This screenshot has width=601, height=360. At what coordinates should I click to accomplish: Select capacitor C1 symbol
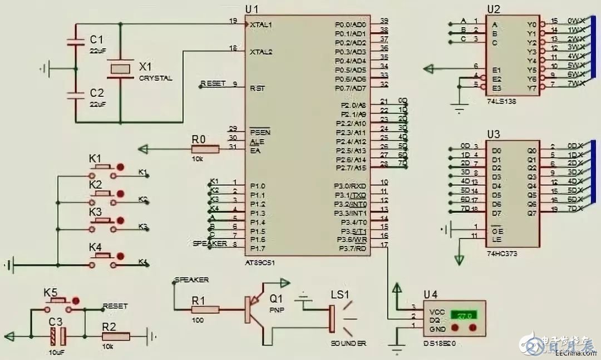(x=76, y=42)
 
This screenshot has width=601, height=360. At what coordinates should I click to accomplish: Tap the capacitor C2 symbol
(x=76, y=95)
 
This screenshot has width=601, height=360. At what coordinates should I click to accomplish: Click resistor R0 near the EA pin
(x=205, y=149)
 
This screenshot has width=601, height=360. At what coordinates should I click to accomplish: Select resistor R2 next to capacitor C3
(x=116, y=336)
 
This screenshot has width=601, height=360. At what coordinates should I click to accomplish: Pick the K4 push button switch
(x=104, y=257)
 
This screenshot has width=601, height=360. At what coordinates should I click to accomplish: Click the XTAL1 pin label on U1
(x=261, y=25)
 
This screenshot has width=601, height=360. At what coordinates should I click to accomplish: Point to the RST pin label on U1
(x=257, y=88)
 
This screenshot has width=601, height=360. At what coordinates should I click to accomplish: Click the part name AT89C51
(x=260, y=261)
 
